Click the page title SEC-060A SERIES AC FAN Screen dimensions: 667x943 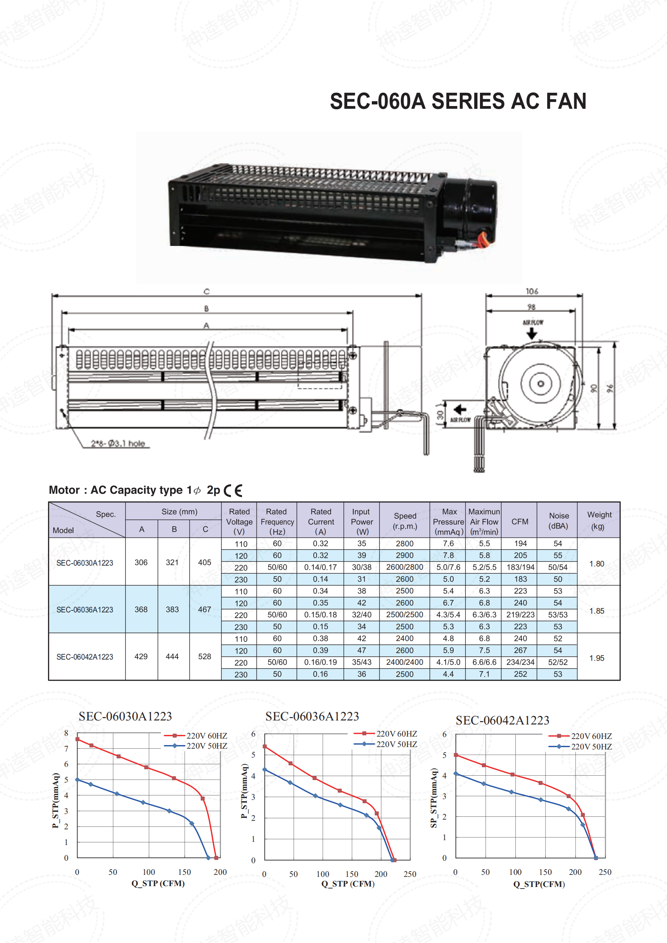point(458,101)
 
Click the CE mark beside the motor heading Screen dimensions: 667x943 point(233,490)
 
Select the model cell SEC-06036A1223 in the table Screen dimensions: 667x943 point(85,610)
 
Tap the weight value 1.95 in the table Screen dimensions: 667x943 point(597,658)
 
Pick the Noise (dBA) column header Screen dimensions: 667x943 point(559,521)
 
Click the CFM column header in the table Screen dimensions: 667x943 point(520,521)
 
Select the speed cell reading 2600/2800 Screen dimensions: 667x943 point(404,567)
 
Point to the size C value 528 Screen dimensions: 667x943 point(204,656)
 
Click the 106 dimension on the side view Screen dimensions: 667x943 point(532,291)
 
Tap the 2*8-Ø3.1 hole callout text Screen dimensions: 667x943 point(118,443)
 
